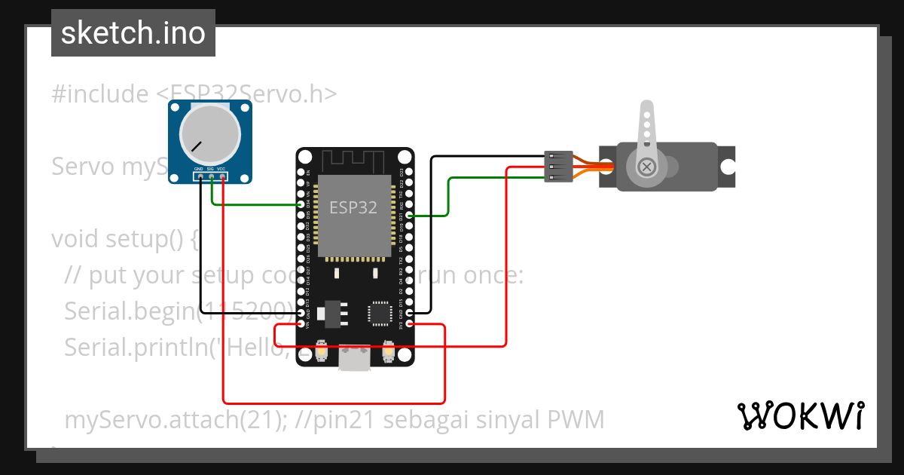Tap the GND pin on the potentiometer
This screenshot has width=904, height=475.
point(200,176)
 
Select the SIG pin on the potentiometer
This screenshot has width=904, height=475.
point(211,176)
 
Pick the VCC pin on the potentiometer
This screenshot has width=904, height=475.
point(223,176)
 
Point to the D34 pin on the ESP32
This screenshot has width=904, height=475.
point(302,204)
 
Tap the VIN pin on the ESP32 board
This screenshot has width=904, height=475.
point(302,323)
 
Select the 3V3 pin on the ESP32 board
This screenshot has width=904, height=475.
point(409,323)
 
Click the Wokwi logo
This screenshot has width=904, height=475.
point(800,415)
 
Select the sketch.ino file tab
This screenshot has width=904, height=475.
point(133,33)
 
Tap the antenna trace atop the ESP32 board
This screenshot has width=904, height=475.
point(354,161)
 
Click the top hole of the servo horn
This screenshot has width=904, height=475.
point(646,111)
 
